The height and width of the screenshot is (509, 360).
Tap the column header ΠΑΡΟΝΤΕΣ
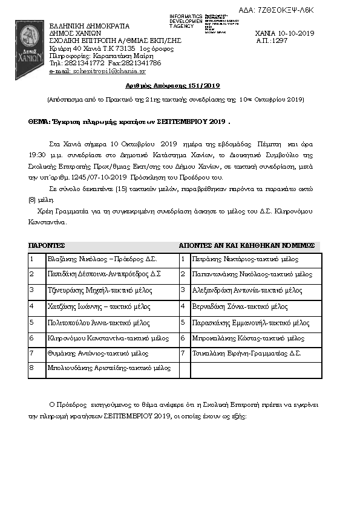point(47,245)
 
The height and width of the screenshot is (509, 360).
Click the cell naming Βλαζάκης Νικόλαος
point(102,259)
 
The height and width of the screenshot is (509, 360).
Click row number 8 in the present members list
point(32,368)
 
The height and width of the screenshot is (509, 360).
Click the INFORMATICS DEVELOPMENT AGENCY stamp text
point(186,21)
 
